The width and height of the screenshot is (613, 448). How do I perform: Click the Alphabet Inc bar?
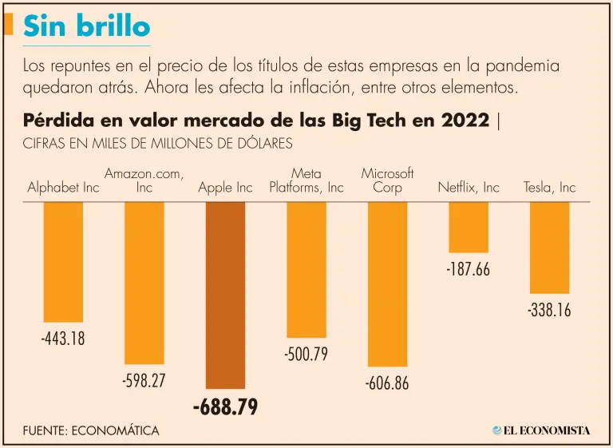click(63, 261)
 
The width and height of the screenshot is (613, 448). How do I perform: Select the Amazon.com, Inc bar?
click(144, 282)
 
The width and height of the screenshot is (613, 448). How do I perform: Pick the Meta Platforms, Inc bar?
click(306, 269)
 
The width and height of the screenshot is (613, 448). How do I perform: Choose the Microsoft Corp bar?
click(387, 283)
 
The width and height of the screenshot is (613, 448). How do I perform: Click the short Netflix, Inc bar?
click(469, 227)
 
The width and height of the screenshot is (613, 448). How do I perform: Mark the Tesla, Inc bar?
click(549, 248)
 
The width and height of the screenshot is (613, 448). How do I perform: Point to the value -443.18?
click(63, 339)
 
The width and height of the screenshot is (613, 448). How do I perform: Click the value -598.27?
click(144, 380)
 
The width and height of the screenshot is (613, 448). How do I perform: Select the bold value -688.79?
click(226, 407)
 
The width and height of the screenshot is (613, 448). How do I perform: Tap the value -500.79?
click(306, 354)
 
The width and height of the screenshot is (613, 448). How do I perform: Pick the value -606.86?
click(387, 383)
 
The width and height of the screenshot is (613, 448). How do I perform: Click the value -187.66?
click(469, 268)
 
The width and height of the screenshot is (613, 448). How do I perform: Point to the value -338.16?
click(549, 310)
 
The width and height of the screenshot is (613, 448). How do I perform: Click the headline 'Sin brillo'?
click(86, 26)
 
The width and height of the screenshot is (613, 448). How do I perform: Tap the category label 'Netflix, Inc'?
click(469, 188)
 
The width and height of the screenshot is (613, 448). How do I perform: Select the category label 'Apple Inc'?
click(226, 188)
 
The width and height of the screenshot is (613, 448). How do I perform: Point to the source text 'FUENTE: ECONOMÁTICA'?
click(91, 430)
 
